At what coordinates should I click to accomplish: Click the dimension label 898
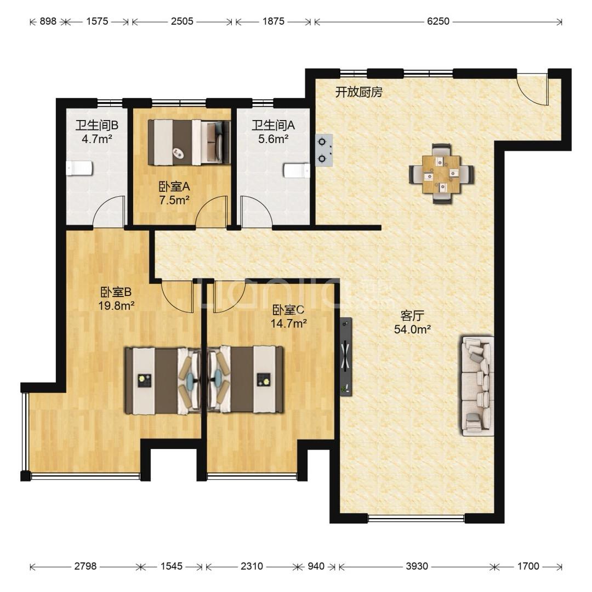pyautogui.click(x=48, y=21)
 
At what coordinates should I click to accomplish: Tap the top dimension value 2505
pyautogui.click(x=182, y=21)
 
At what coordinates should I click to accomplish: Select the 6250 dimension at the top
pyautogui.click(x=438, y=21)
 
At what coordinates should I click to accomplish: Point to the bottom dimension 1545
pyautogui.click(x=172, y=566)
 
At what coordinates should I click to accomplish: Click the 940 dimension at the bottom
pyautogui.click(x=316, y=566)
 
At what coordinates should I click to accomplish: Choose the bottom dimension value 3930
pyautogui.click(x=417, y=566)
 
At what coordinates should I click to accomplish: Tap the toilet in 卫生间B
pyautogui.click(x=79, y=168)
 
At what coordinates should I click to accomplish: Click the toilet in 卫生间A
pyautogui.click(x=297, y=170)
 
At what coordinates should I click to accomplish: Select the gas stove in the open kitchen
pyautogui.click(x=324, y=150)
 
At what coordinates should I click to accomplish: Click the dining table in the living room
pyautogui.click(x=441, y=174)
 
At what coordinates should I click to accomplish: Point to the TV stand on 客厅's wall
pyautogui.click(x=346, y=356)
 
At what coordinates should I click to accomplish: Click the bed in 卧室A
pyautogui.click(x=189, y=143)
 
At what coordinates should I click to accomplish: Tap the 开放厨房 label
pyautogui.click(x=358, y=92)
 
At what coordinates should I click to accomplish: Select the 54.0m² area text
pyautogui.click(x=412, y=329)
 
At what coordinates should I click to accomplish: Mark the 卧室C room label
pyautogui.click(x=288, y=310)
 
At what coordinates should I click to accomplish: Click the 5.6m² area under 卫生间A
pyautogui.click(x=274, y=139)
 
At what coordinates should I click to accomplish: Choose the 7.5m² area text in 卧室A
pyautogui.click(x=174, y=200)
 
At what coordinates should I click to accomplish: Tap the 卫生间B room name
pyautogui.click(x=96, y=125)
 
